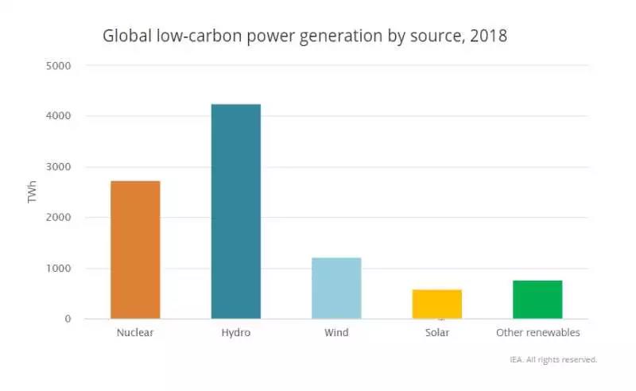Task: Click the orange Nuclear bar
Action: [135, 250]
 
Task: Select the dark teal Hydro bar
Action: [235, 211]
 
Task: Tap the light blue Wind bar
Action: [336, 288]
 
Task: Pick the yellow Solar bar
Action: [436, 304]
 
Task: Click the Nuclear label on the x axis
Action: [135, 332]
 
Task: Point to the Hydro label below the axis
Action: [235, 332]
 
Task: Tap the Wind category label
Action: [336, 332]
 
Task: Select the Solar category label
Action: [436, 332]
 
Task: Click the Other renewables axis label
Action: [537, 332]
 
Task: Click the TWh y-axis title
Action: [33, 192]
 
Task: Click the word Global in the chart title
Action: [125, 37]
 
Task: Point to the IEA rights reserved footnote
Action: [553, 359]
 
